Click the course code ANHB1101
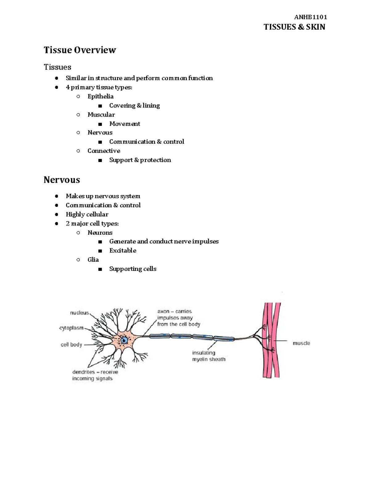[x=310, y=17]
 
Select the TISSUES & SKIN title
[x=294, y=27]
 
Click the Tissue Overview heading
[x=80, y=50]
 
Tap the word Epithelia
[x=101, y=97]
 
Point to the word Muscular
[x=101, y=115]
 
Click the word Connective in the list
[x=104, y=151]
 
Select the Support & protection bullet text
[x=140, y=160]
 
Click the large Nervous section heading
[x=62, y=180]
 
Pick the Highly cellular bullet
[x=87, y=214]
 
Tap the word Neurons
[x=100, y=233]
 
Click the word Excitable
[x=123, y=250]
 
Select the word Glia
[x=93, y=260]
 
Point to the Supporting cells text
[x=133, y=269]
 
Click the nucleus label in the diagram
[x=79, y=313]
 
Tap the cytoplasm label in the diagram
[x=71, y=328]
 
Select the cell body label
[x=71, y=345]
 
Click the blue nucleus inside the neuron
[x=124, y=340]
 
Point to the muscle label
[x=301, y=343]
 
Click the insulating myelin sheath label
[x=208, y=356]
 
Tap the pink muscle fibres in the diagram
[x=271, y=339]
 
